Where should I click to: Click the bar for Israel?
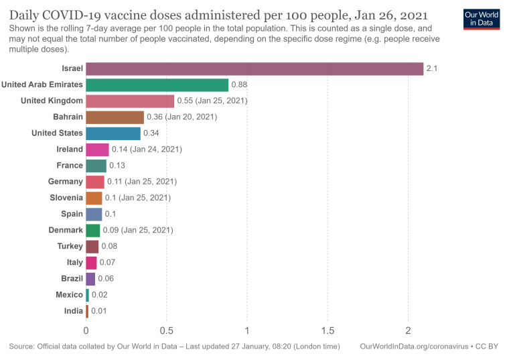(254, 68)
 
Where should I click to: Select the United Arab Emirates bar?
(157, 84)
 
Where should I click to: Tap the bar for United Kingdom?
(130, 101)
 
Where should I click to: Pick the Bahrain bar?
(115, 117)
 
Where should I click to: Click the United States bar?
(113, 133)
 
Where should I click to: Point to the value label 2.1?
(431, 68)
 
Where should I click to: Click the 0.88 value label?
(239, 84)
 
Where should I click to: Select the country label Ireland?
(70, 149)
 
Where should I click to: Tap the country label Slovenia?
(66, 198)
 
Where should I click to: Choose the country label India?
(74, 311)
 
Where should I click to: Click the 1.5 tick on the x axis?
(328, 330)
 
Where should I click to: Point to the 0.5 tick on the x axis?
(166, 330)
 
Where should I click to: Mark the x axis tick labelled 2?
(408, 330)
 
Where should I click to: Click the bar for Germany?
(95, 182)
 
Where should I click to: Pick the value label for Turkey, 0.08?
(109, 246)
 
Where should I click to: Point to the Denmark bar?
(92, 230)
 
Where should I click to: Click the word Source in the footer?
(22, 347)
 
